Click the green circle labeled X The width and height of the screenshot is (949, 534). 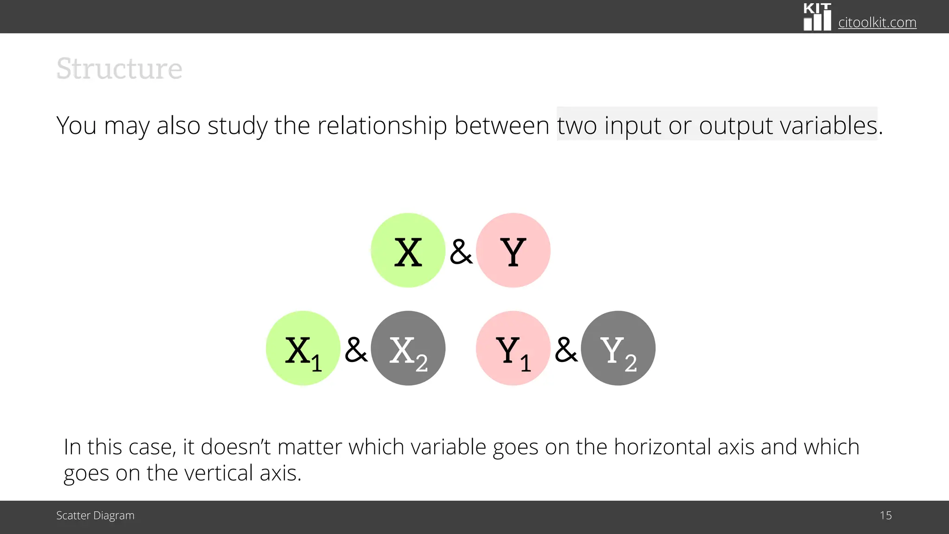click(x=408, y=250)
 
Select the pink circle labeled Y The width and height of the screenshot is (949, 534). click(x=513, y=250)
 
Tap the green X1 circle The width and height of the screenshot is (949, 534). click(x=303, y=348)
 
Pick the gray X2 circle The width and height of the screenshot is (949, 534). click(x=408, y=348)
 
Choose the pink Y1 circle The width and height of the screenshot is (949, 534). click(x=513, y=348)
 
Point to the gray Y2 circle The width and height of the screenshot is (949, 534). click(x=618, y=348)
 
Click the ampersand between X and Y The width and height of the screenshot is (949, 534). click(x=461, y=252)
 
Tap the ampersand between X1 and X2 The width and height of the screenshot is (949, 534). click(x=356, y=350)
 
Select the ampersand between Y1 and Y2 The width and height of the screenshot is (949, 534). click(x=566, y=350)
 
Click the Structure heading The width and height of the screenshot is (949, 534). click(x=119, y=69)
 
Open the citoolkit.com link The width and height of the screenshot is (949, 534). click(x=877, y=22)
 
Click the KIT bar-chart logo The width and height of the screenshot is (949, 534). click(x=817, y=17)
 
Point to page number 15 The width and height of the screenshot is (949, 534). click(x=886, y=515)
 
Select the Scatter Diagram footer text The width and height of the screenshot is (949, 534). click(x=95, y=515)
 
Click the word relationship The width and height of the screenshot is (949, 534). click(x=382, y=126)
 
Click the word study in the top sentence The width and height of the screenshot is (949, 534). click(x=237, y=126)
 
